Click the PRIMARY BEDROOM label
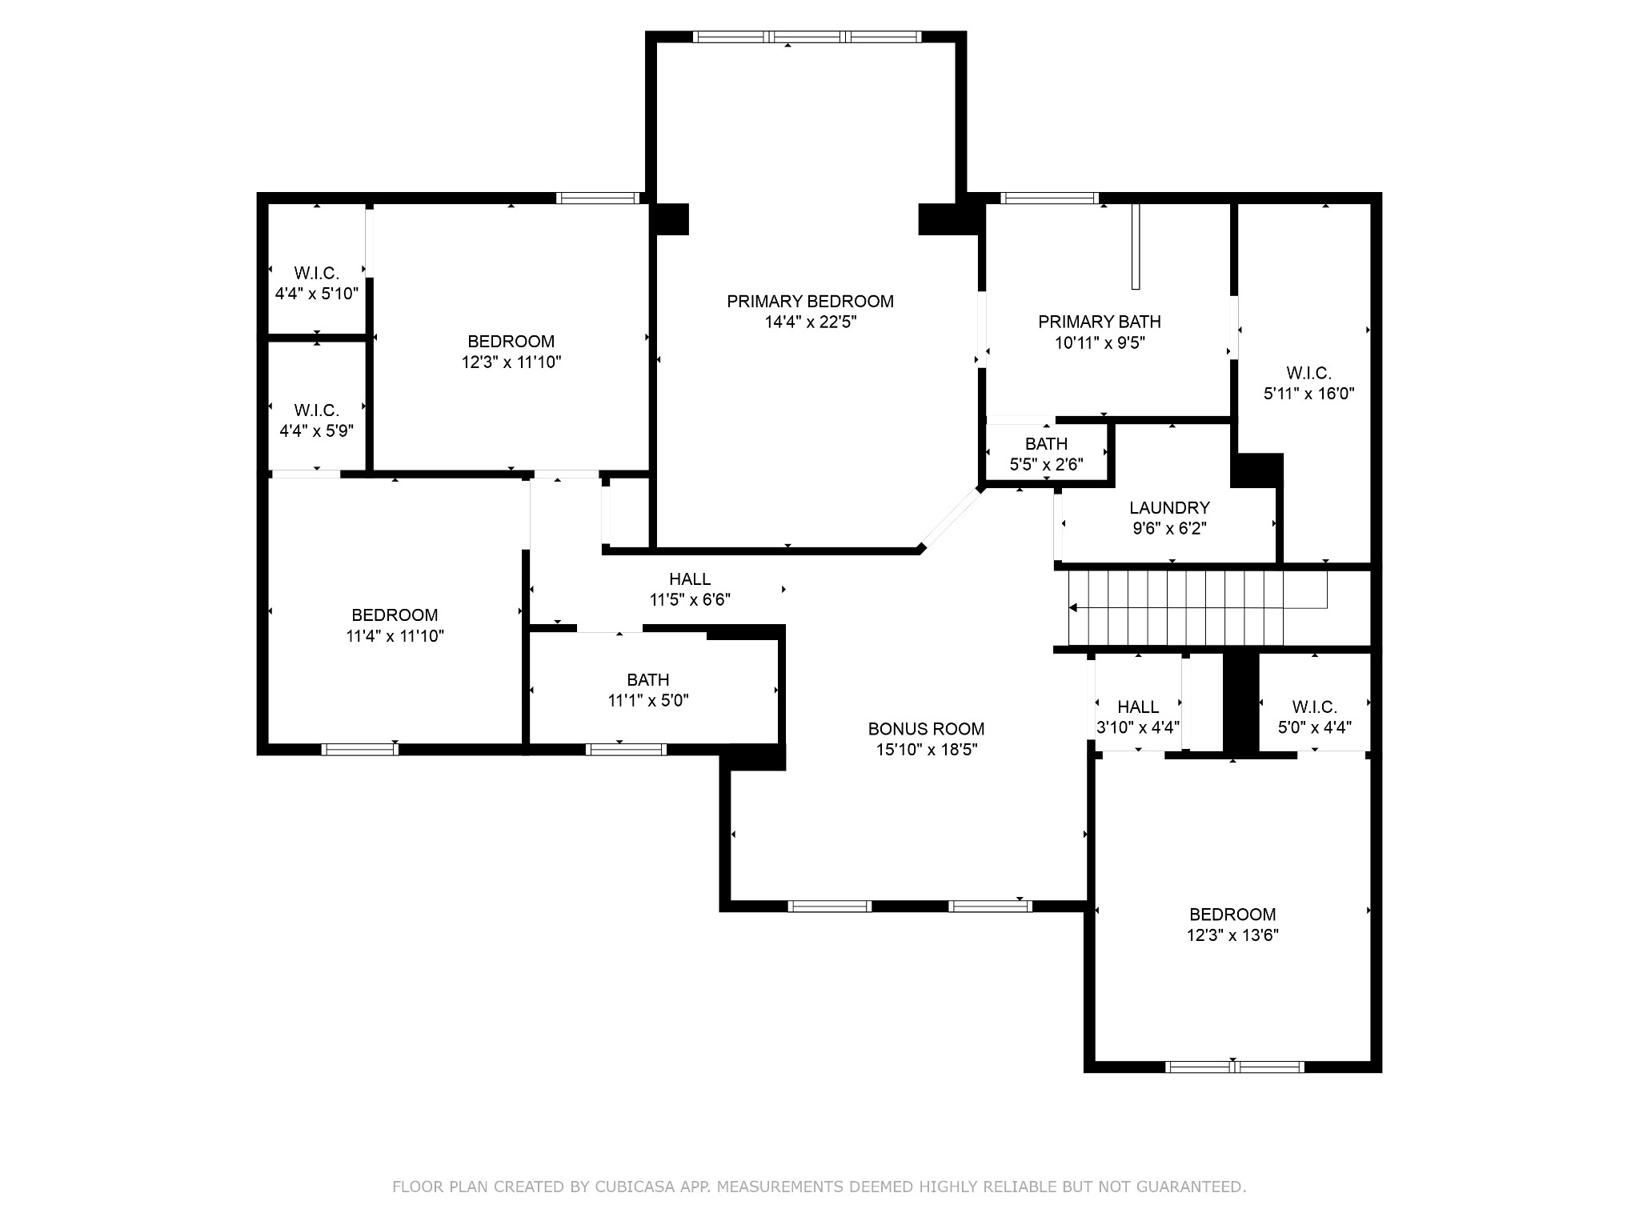(x=810, y=302)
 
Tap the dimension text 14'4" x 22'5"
(x=810, y=322)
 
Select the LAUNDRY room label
(x=1169, y=508)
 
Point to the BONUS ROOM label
(x=926, y=729)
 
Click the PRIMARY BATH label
(x=1100, y=322)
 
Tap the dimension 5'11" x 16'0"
(x=1308, y=394)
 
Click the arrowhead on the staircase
(x=1073, y=608)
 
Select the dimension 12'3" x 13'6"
(x=1232, y=935)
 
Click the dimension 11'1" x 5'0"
(x=648, y=701)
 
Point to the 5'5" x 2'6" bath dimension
(x=1046, y=464)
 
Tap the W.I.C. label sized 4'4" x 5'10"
(x=316, y=273)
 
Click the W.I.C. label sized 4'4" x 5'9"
(x=316, y=410)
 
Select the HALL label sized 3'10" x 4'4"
(x=1138, y=707)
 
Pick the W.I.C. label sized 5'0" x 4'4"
(x=1314, y=707)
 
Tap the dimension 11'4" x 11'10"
(x=395, y=636)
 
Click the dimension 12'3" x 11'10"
(x=511, y=362)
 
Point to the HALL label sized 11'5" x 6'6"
(x=690, y=578)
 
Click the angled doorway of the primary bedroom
(x=952, y=518)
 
